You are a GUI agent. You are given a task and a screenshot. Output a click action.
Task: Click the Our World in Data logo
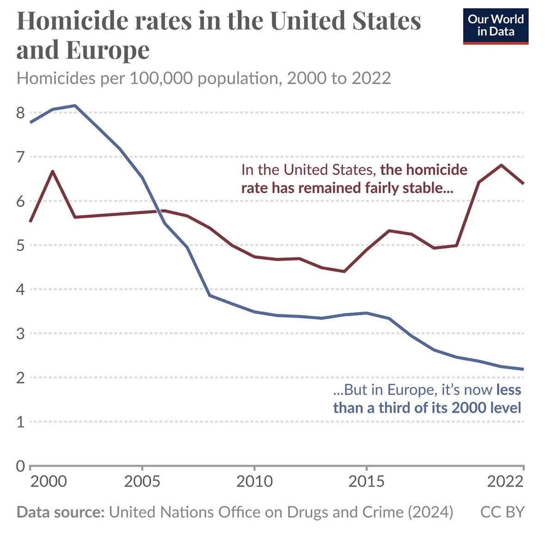pos(496,26)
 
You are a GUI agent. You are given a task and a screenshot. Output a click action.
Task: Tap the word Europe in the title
pos(108,50)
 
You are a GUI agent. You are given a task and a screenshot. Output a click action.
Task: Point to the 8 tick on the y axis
pos(20,113)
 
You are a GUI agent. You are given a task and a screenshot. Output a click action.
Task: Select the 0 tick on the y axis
pos(20,466)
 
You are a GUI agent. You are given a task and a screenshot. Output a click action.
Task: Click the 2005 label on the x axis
pos(142,481)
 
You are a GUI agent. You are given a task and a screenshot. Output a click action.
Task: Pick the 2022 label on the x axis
pos(505,481)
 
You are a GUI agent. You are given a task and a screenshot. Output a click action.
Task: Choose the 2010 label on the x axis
pos(254,481)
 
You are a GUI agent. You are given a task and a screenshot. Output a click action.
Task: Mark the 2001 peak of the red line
pos(53,171)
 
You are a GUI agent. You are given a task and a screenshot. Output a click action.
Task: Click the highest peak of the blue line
pos(75,105)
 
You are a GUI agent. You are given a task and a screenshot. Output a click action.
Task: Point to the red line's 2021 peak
pos(502,165)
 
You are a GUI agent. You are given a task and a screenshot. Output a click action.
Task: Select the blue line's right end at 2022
pos(523,369)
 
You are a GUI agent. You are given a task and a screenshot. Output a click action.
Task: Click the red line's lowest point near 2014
pos(344,271)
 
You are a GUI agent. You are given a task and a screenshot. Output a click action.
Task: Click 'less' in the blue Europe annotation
pos(508,390)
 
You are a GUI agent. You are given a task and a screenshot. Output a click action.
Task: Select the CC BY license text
pos(502,512)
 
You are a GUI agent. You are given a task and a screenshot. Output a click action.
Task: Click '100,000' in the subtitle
pos(161,78)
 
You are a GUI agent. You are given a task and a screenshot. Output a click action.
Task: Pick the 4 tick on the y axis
pos(20,289)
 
